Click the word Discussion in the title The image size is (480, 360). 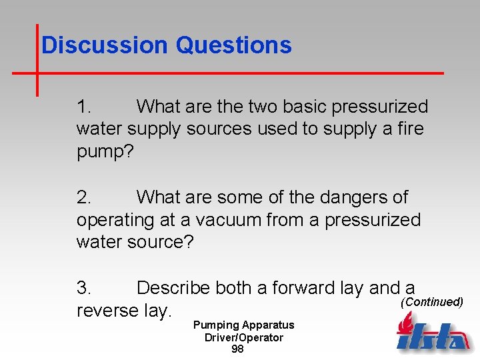[104, 45]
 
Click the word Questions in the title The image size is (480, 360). [233, 45]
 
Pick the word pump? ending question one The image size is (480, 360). [105, 151]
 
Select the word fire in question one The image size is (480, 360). [410, 129]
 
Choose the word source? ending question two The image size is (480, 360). [159, 242]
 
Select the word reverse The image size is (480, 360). [107, 311]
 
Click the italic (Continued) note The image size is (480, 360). [431, 302]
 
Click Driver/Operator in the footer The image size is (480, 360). [243, 337]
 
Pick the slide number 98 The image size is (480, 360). [237, 349]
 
